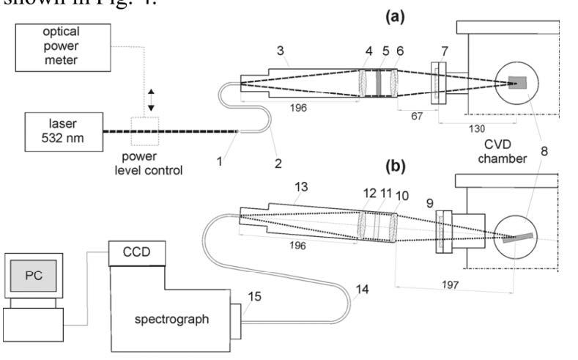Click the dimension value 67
[x=414, y=114]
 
